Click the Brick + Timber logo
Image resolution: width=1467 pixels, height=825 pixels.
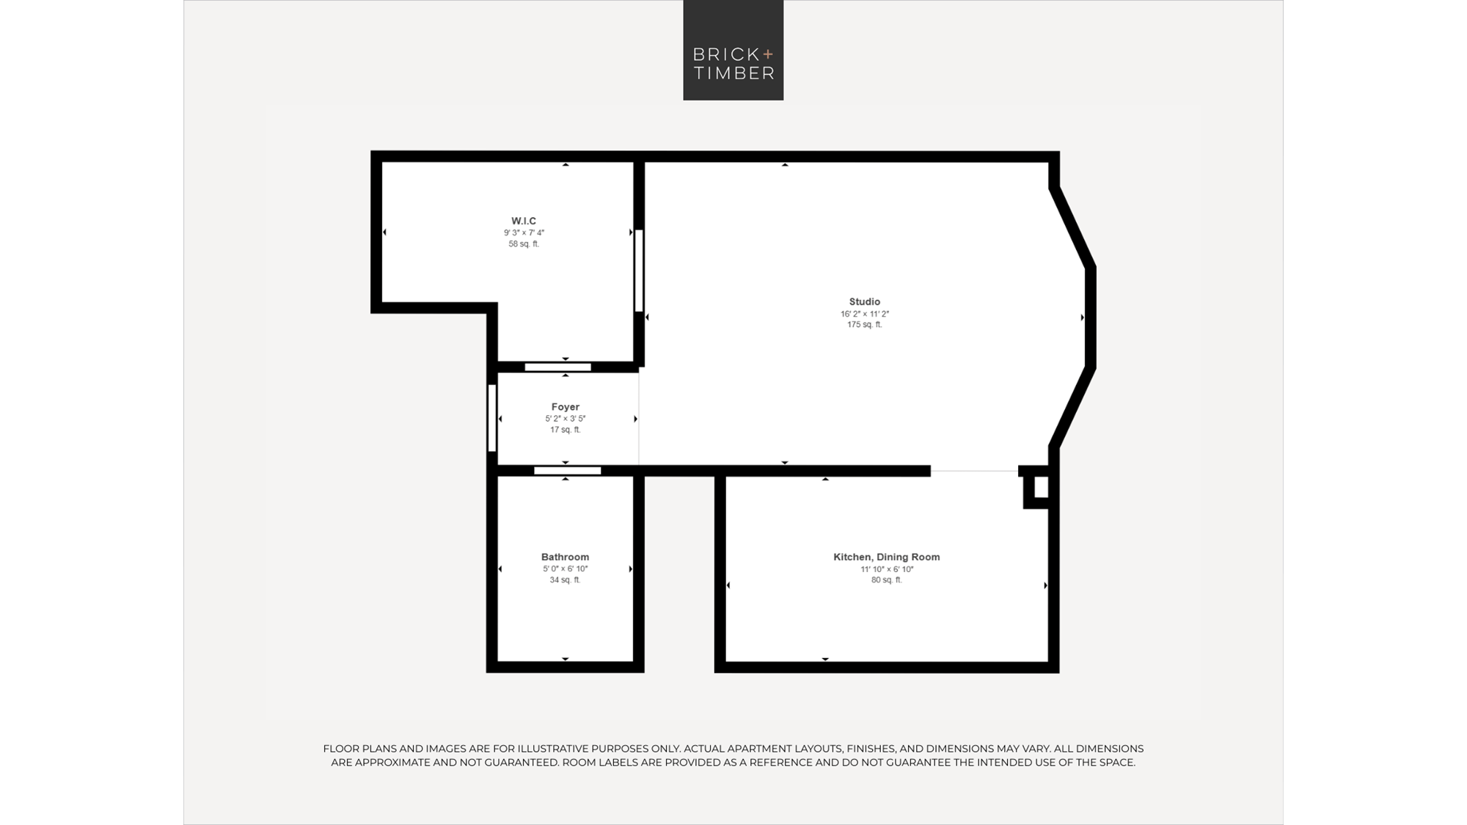click(x=733, y=50)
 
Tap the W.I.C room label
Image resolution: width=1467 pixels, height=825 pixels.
click(x=524, y=221)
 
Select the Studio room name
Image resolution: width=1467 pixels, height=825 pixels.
click(x=865, y=301)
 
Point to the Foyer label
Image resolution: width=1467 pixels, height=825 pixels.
click(x=566, y=407)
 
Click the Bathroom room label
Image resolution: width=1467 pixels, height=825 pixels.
click(x=565, y=557)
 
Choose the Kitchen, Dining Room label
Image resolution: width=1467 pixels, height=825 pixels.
click(x=887, y=557)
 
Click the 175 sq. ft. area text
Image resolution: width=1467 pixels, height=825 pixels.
click(x=865, y=325)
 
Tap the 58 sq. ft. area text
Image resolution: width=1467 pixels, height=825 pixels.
click(x=524, y=244)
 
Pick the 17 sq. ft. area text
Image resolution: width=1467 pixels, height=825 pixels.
click(x=566, y=430)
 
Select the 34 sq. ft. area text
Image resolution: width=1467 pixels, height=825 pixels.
click(x=565, y=580)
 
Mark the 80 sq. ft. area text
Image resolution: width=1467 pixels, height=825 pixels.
click(x=887, y=580)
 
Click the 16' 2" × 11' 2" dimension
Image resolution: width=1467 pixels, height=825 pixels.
click(x=865, y=314)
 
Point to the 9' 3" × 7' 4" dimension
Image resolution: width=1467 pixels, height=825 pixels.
click(x=524, y=232)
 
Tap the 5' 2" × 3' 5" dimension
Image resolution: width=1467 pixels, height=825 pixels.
click(x=566, y=419)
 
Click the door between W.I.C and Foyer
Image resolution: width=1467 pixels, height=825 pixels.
click(x=558, y=367)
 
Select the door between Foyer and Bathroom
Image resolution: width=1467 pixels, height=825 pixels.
click(x=568, y=471)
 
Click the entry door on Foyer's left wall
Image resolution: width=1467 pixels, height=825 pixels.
click(x=492, y=418)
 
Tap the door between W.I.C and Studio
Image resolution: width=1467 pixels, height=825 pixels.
click(x=639, y=271)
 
